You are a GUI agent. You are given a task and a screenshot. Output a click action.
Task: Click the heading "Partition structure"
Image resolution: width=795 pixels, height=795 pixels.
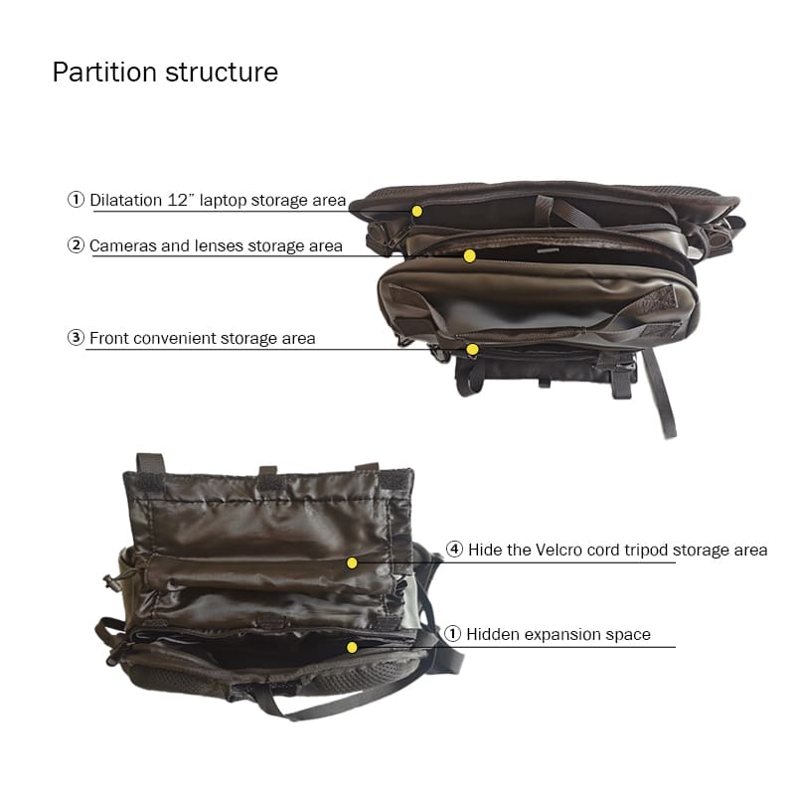pyautogui.click(x=165, y=72)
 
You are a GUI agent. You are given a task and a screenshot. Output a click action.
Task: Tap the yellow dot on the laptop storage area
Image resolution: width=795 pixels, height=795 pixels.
pyautogui.click(x=416, y=211)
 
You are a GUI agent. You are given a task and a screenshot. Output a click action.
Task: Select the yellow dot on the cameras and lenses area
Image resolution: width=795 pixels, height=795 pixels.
pyautogui.click(x=469, y=256)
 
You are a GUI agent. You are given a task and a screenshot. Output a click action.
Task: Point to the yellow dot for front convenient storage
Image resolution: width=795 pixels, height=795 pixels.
pyautogui.click(x=473, y=350)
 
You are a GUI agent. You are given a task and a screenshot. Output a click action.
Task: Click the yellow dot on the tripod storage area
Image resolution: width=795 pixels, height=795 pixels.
pyautogui.click(x=352, y=562)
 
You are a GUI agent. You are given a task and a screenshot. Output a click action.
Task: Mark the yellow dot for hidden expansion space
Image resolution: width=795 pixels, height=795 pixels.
pyautogui.click(x=352, y=648)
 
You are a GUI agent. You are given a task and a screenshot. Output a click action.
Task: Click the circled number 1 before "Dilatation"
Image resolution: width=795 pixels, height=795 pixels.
pyautogui.click(x=76, y=200)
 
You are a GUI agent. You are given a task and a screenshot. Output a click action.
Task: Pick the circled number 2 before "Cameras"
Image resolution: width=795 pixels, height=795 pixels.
pyautogui.click(x=76, y=245)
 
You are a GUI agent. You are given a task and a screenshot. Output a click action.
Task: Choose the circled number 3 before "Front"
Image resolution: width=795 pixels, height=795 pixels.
pyautogui.click(x=76, y=338)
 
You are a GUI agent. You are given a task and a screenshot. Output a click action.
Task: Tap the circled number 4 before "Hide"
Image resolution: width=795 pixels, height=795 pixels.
pyautogui.click(x=454, y=550)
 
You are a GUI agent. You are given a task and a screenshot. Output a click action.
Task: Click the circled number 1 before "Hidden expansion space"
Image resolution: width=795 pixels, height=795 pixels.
pyautogui.click(x=452, y=634)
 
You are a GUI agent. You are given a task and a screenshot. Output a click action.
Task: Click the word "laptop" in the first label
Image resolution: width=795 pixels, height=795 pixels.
pyautogui.click(x=223, y=201)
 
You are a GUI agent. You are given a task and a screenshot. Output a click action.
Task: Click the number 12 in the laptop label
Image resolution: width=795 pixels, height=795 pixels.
pyautogui.click(x=178, y=200)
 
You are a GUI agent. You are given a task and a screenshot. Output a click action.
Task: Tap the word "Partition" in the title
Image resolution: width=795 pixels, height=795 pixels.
pyautogui.click(x=104, y=72)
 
